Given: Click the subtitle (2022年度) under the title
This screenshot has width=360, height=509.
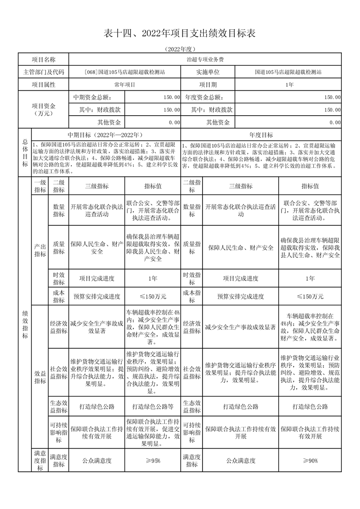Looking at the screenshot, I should coord(180,49).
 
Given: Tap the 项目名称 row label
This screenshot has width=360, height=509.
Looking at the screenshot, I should coord(43,59).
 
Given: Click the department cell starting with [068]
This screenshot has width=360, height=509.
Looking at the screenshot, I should coord(125,72).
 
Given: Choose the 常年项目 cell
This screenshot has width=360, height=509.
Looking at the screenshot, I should coord(125,84).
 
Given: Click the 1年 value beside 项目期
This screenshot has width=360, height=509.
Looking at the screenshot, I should coord(289,84).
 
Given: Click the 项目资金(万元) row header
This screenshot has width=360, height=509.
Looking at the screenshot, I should coord(43,109).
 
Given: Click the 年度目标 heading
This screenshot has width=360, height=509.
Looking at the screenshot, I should coord(261,135).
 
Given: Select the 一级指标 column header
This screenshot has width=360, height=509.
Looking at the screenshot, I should coord(39,186).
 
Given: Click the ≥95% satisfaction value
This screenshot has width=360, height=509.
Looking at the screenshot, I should coord(153,460).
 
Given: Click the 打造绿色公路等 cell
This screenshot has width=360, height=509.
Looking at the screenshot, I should coord(153,406).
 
